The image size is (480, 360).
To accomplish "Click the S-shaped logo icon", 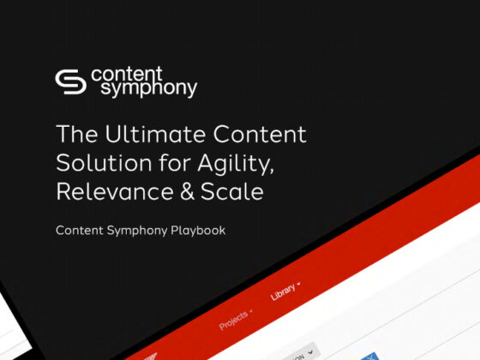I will (x=71, y=81).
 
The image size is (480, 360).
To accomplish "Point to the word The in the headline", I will (x=74, y=135).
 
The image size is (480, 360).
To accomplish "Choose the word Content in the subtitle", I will (x=78, y=231).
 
